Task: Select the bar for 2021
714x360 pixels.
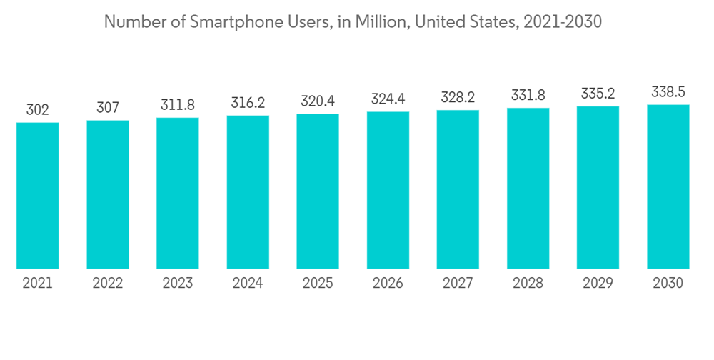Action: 38,196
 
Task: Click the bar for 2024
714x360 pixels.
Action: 248,192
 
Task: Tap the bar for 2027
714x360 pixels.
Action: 458,189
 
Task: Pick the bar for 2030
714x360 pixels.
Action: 668,186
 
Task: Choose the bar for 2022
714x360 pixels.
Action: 108,194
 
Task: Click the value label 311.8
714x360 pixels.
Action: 178,105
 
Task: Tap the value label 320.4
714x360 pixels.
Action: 318,101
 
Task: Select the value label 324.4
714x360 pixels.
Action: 388,99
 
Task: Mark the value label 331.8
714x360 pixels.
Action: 528,95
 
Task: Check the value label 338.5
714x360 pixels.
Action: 668,92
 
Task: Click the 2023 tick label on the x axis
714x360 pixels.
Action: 178,284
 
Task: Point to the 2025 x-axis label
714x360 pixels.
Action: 318,284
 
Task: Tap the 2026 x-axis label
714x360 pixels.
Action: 388,284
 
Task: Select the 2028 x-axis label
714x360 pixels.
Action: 528,284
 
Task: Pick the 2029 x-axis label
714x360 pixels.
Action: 598,284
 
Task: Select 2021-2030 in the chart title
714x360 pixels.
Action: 562,22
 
